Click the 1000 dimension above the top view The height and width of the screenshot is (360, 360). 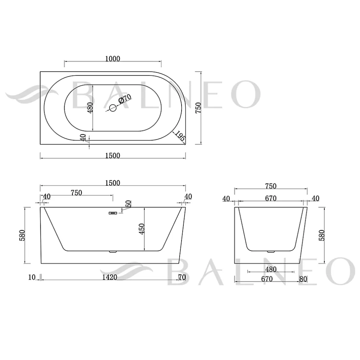(113, 59)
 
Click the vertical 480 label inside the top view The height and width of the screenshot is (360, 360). (90, 108)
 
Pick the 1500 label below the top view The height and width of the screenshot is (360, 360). (113, 155)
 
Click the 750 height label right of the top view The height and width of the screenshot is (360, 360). (198, 108)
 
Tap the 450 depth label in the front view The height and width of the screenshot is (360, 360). (142, 229)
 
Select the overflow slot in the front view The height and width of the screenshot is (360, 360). (113, 213)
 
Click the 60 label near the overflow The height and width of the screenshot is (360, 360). (128, 204)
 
